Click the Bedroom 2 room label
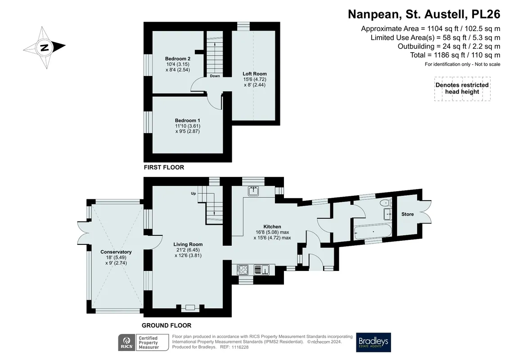(178, 59)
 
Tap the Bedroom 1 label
(187, 121)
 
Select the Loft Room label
(255, 74)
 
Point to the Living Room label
(188, 244)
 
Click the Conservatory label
(116, 252)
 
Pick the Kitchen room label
(272, 227)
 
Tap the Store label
(407, 214)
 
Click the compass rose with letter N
(45, 47)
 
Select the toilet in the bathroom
(384, 203)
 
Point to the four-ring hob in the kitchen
(243, 270)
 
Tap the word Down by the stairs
(215, 76)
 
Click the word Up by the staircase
(194, 193)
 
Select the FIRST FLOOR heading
(164, 167)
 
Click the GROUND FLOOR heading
(167, 325)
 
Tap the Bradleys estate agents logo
(373, 342)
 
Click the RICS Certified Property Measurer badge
(143, 342)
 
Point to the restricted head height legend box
(462, 89)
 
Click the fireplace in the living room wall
(190, 307)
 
